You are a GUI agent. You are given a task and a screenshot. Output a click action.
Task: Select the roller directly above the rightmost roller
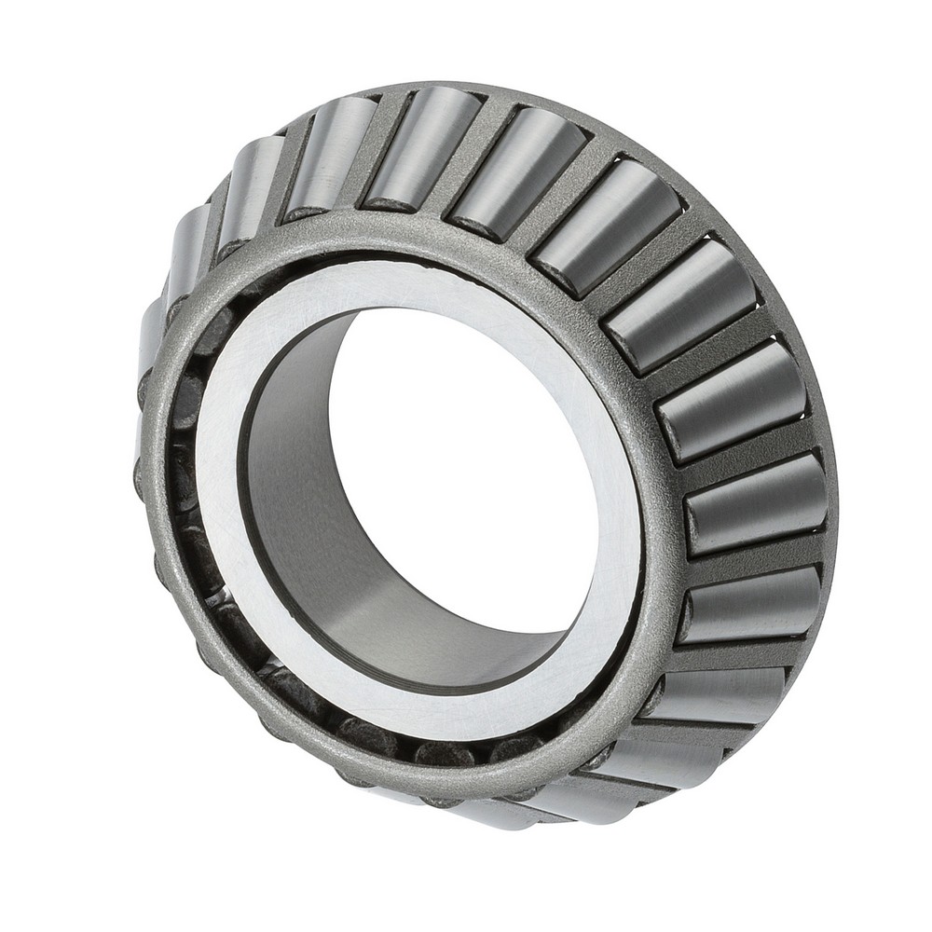(732, 401)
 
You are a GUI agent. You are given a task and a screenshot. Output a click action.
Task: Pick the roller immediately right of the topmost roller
(517, 168)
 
